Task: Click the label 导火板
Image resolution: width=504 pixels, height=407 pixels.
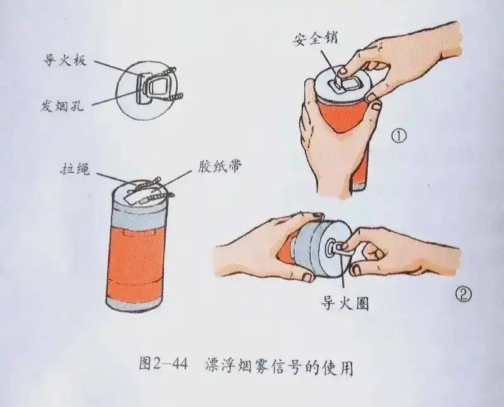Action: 65,59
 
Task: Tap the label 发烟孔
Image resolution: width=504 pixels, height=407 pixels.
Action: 62,105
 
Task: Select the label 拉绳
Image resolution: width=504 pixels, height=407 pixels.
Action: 75,169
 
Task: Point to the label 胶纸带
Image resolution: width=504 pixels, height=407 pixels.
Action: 220,167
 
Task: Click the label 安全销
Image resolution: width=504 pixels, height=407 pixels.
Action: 315,39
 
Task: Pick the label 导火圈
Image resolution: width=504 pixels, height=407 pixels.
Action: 345,303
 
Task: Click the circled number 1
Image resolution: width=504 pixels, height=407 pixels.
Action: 399,136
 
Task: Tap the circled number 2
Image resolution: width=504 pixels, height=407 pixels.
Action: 464,294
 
